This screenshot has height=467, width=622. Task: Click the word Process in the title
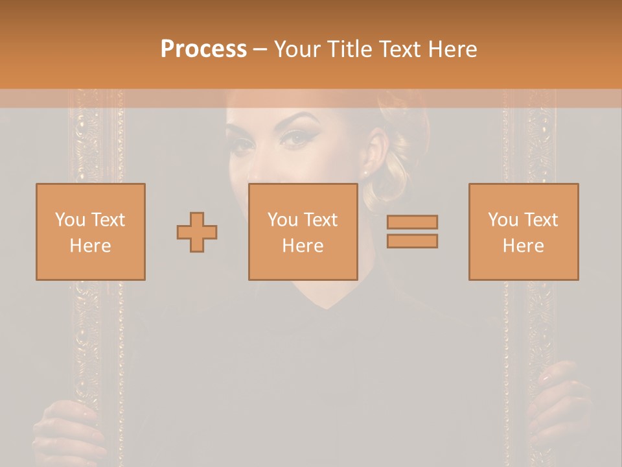click(x=203, y=49)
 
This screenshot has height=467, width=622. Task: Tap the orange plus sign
click(x=197, y=232)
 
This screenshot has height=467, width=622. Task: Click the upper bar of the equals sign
click(x=412, y=222)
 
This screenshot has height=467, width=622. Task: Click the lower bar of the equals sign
click(x=412, y=241)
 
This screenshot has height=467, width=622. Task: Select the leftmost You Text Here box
click(x=91, y=232)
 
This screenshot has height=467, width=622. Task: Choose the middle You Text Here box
click(x=303, y=232)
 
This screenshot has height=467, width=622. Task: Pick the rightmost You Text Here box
click(x=524, y=232)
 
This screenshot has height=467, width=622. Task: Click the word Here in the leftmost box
click(x=90, y=246)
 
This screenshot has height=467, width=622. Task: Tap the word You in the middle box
click(x=282, y=220)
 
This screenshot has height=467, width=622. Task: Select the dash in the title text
click(x=260, y=50)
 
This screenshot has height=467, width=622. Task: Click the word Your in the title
click(x=297, y=49)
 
